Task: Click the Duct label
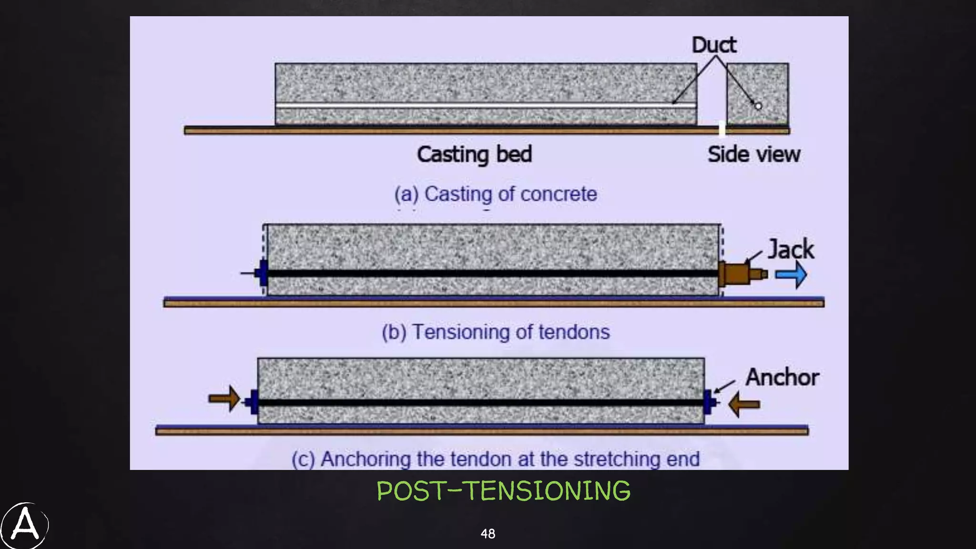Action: tap(713, 45)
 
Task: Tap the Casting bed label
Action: tap(474, 154)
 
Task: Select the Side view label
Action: tap(753, 154)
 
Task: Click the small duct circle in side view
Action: tap(758, 106)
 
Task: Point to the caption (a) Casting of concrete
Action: tap(496, 194)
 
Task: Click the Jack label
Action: tap(791, 249)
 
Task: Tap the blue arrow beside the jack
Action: tap(791, 275)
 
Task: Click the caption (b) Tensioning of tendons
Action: tap(496, 332)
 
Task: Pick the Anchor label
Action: tap(782, 377)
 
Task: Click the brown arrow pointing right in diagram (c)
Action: tap(224, 398)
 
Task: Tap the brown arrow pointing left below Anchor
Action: tap(744, 404)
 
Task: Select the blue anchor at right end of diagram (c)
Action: tap(709, 402)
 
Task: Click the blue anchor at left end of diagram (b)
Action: tap(262, 273)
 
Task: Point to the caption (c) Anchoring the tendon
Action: tap(496, 459)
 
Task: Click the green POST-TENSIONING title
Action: tap(503, 491)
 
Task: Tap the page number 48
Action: tap(488, 534)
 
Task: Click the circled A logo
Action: tap(24, 526)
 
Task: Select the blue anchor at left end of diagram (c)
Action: tap(254, 402)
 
